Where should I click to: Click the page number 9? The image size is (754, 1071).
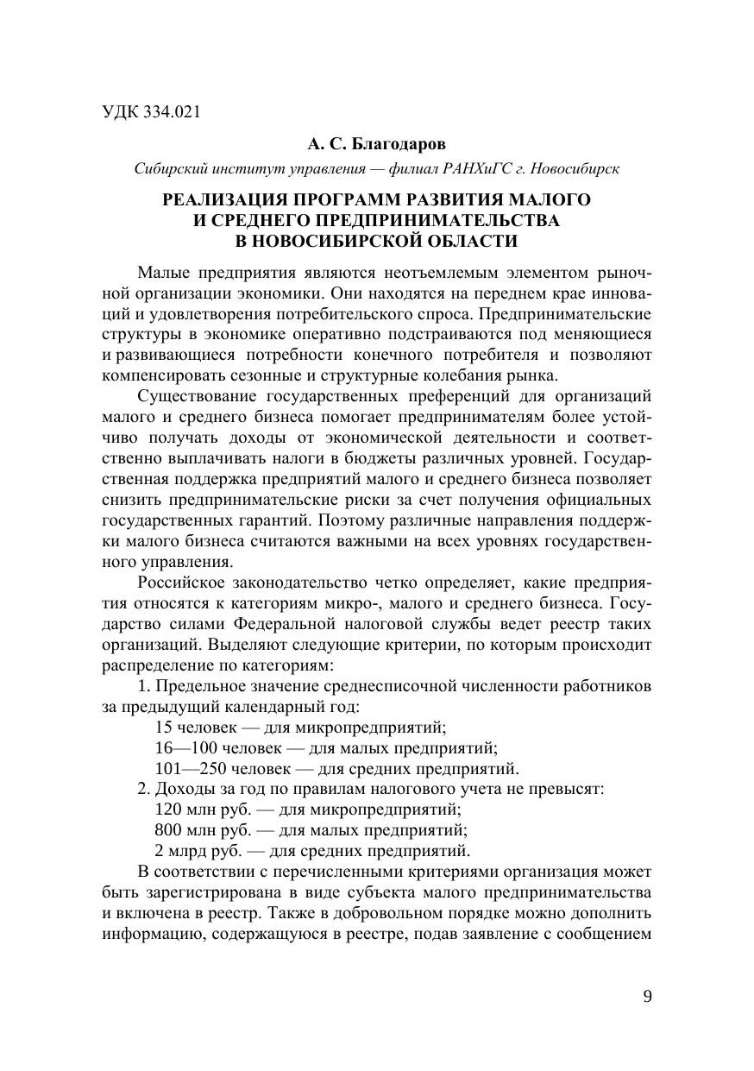coord(647,996)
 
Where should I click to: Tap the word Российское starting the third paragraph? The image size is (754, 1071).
coord(183,583)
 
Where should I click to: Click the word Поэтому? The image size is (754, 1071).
coord(349,520)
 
